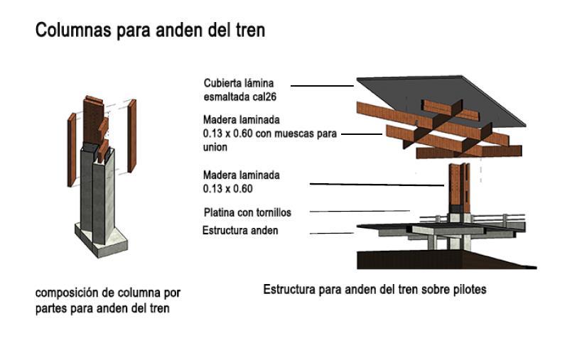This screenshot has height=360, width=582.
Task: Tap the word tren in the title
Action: (x=249, y=31)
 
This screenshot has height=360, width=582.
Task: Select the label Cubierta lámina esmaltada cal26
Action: (x=238, y=89)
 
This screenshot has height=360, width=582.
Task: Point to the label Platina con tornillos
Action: (x=247, y=212)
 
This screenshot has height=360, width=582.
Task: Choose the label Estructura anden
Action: (x=240, y=231)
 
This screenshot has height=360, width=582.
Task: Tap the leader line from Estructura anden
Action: (x=331, y=232)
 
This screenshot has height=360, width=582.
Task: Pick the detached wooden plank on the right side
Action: (x=131, y=135)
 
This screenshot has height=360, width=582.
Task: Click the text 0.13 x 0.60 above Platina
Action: (x=228, y=189)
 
